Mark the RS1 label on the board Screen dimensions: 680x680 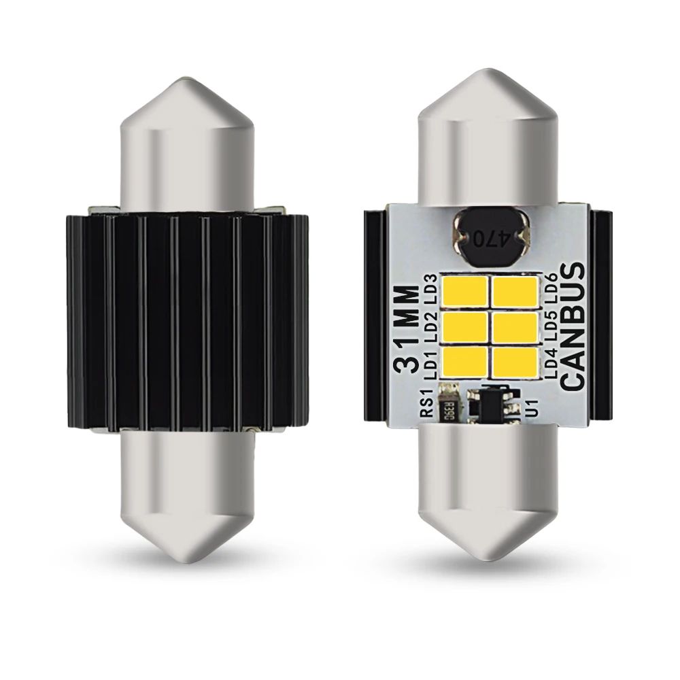427,404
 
